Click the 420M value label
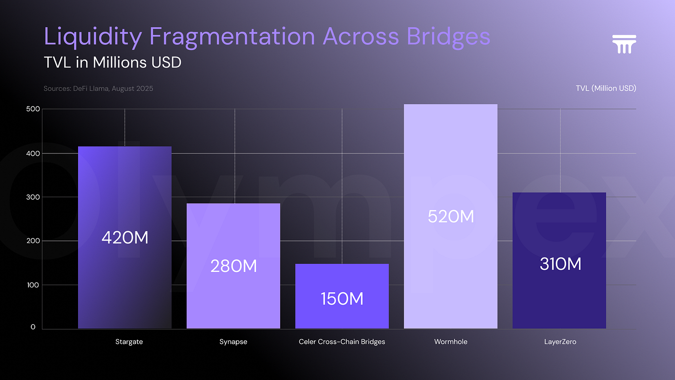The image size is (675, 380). pos(125,237)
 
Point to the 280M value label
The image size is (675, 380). pos(233,266)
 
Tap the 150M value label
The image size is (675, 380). pos(342,299)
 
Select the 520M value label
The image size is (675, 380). pos(451,217)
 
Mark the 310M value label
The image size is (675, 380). pos(560,264)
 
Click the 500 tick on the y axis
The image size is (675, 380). pos(30,109)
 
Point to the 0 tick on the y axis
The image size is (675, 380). pos(33,327)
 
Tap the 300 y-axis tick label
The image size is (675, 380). pos(30,197)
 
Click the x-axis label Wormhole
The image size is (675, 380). pos(451,342)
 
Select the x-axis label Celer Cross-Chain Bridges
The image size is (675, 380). pos(342,342)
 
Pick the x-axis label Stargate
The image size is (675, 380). pos(129,342)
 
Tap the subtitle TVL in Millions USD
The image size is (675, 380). pos(112,62)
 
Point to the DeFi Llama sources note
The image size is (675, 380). pos(98,89)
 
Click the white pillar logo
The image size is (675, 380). pos(624,44)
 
